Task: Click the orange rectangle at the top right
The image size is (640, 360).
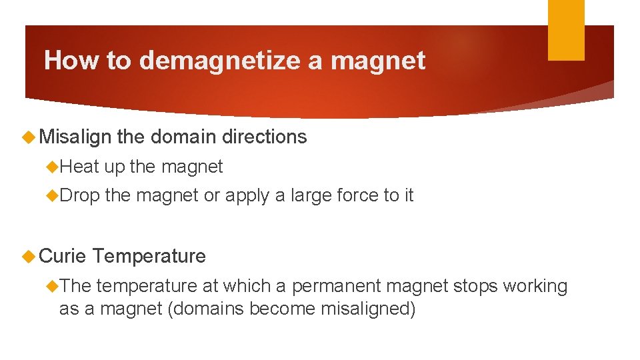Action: pos(566,30)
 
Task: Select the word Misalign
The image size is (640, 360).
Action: pos(75,137)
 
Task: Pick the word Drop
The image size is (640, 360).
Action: pos(79,195)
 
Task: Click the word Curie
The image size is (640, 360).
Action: pos(63,255)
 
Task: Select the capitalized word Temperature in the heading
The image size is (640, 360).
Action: pos(149,255)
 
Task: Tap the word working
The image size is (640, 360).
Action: pos(535,287)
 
